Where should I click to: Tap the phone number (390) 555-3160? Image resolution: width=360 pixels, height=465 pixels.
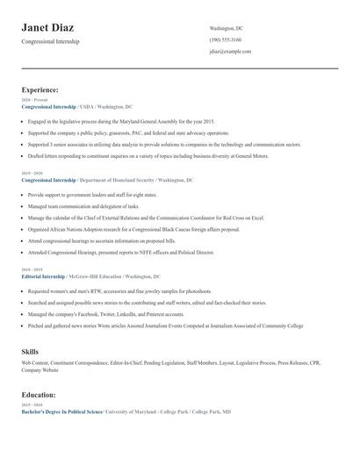(226, 40)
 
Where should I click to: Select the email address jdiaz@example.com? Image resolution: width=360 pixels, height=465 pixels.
(230, 52)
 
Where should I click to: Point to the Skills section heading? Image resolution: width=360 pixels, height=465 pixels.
(30, 351)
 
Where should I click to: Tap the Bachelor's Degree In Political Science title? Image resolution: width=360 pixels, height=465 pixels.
(61, 411)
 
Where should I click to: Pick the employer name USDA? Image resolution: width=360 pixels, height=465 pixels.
(88, 106)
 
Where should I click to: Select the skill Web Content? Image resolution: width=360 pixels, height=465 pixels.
(35, 362)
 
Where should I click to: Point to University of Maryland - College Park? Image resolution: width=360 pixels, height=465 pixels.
(148, 411)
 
